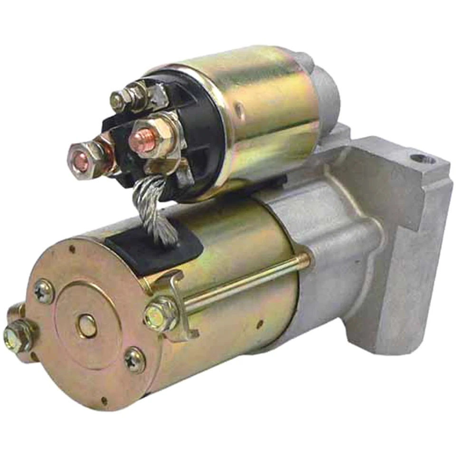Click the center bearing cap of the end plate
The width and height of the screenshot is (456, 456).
(87, 325)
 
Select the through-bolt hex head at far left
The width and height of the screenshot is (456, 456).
(15, 335)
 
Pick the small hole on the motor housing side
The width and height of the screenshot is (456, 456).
(260, 325)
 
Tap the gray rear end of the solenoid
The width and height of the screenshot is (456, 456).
(328, 95)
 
